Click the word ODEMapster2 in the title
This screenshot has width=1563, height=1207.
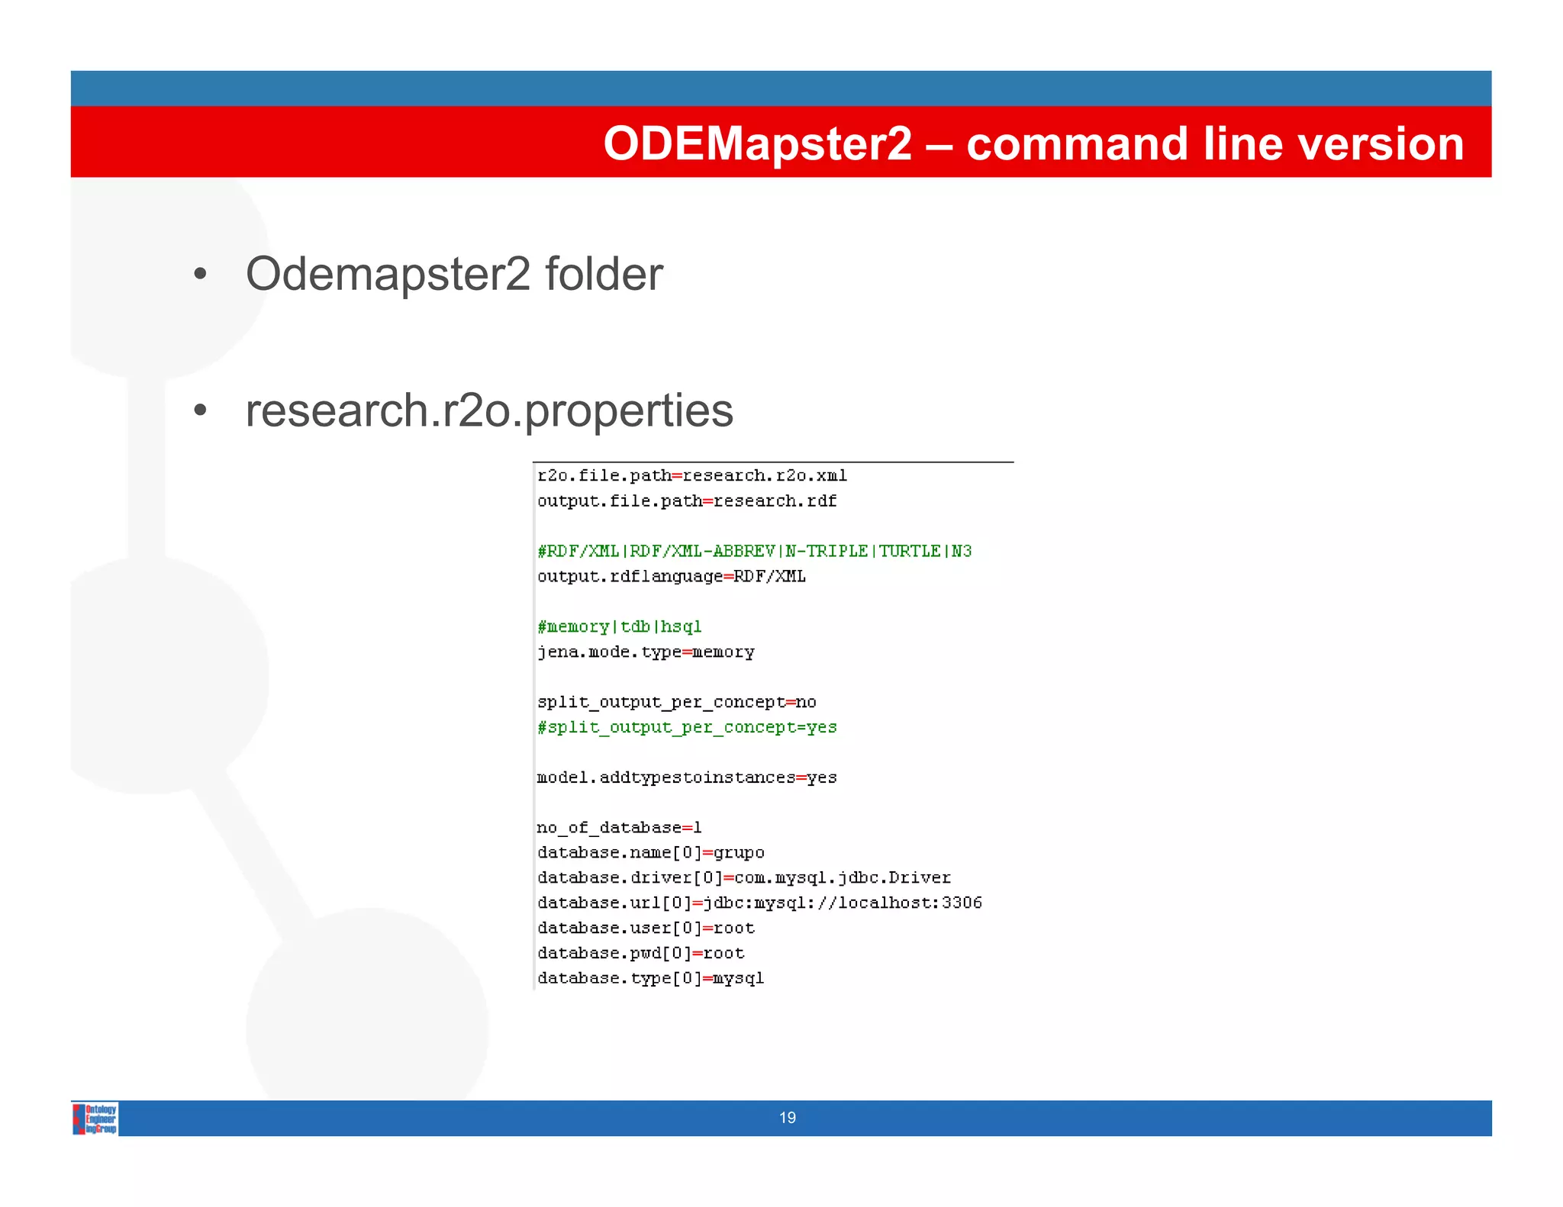pyautogui.click(x=757, y=143)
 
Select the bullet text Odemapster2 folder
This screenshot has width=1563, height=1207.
pyautogui.click(x=454, y=274)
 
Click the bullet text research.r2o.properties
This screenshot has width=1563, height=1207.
pyautogui.click(x=489, y=410)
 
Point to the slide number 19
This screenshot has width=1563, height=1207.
pyautogui.click(x=788, y=1118)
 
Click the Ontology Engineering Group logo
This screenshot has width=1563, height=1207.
pyautogui.click(x=95, y=1118)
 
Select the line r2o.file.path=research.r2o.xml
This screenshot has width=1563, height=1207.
pyautogui.click(x=692, y=476)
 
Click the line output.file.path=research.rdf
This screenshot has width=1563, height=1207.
pyautogui.click(x=687, y=501)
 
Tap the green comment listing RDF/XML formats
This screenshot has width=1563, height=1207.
pyautogui.click(x=754, y=551)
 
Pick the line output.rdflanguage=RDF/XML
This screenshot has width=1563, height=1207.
pyautogui.click(x=672, y=576)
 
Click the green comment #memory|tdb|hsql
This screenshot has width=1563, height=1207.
pyautogui.click(x=619, y=626)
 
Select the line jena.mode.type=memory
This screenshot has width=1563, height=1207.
pyautogui.click(x=646, y=652)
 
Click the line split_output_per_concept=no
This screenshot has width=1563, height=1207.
pyautogui.click(x=676, y=702)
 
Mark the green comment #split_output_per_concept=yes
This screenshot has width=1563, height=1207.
pyautogui.click(x=687, y=727)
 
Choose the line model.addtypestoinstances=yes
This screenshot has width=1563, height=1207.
pyautogui.click(x=687, y=777)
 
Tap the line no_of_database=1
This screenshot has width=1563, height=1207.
pyautogui.click(x=619, y=828)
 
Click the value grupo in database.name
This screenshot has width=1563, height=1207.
pyautogui.click(x=739, y=852)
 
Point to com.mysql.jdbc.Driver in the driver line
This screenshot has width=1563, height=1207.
pyautogui.click(x=843, y=877)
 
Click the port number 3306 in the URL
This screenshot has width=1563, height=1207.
pyautogui.click(x=962, y=903)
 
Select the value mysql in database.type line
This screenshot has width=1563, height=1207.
pyautogui.click(x=738, y=978)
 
